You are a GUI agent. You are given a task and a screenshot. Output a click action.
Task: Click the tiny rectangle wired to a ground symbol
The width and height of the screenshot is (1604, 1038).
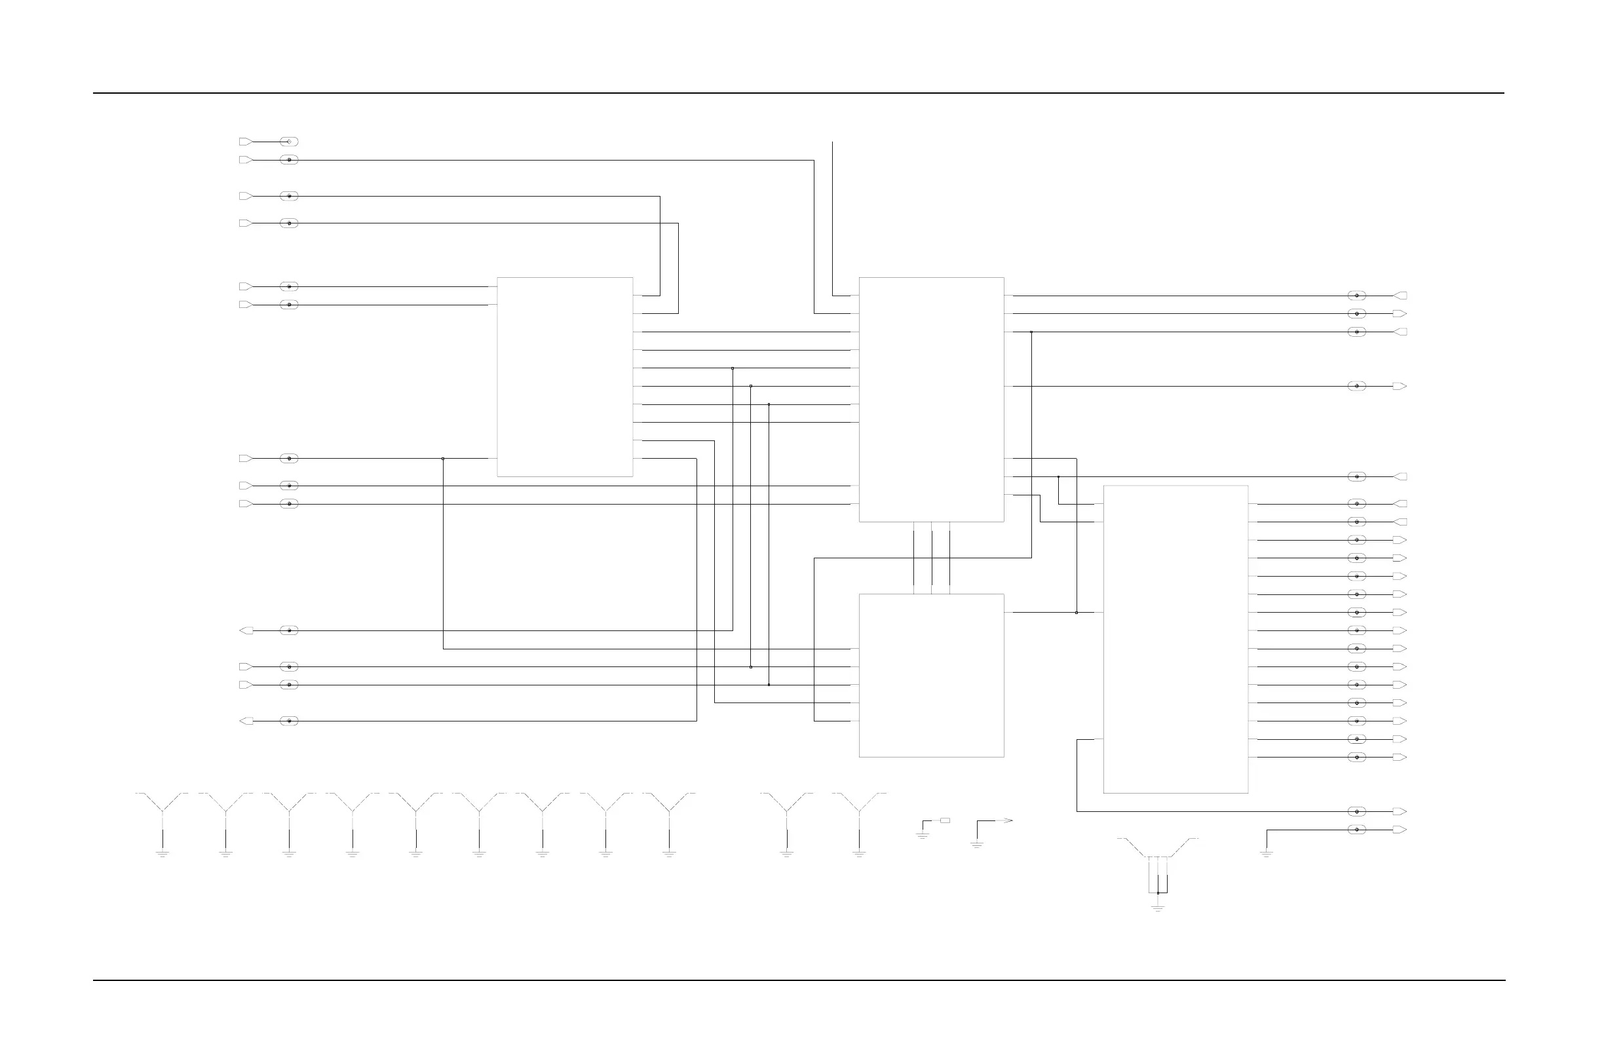click(945, 820)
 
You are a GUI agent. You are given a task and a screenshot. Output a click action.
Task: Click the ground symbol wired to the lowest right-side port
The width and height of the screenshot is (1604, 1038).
click(1267, 854)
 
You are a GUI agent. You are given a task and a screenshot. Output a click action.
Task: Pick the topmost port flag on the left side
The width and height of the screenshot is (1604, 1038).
click(246, 142)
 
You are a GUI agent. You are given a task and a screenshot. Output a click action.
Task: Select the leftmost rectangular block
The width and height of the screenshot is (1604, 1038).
click(565, 377)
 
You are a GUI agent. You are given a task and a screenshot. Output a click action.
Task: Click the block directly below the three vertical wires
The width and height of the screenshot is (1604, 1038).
click(931, 676)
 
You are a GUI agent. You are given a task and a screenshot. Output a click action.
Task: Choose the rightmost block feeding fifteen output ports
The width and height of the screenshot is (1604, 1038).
click(1175, 639)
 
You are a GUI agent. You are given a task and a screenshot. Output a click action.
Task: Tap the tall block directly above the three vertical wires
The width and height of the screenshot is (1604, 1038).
click(931, 399)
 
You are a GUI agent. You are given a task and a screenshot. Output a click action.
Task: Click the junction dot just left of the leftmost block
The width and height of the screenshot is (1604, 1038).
click(443, 458)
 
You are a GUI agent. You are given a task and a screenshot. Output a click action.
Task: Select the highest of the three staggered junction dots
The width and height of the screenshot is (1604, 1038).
click(733, 368)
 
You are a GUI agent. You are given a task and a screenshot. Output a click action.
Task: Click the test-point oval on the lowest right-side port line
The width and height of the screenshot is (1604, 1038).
click(1357, 830)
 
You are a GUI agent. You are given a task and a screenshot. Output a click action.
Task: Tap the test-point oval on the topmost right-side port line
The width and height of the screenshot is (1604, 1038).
click(1357, 296)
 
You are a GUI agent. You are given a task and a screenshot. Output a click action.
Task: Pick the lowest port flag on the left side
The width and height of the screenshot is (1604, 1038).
click(246, 721)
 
